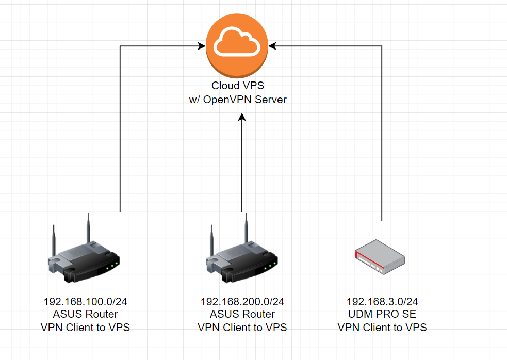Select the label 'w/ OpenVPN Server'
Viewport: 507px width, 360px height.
[238, 99]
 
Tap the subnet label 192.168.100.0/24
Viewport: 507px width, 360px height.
[86, 302]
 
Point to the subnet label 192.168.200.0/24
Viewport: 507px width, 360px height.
[242, 302]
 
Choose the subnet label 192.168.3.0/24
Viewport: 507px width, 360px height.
[382, 302]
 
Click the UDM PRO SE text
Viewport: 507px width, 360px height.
[382, 314]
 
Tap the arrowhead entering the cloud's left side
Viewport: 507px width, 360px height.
[202, 47]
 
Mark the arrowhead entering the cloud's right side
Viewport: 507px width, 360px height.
[272, 47]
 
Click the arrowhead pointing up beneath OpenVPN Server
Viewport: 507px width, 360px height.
[242, 118]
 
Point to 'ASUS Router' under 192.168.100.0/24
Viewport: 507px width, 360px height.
[86, 314]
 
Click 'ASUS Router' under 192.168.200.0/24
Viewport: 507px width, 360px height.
[242, 314]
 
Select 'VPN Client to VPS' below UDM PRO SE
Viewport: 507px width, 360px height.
[382, 327]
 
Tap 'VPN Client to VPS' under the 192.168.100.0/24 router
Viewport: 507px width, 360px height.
[86, 327]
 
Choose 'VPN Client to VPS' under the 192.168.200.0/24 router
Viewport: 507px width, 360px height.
[242, 327]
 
